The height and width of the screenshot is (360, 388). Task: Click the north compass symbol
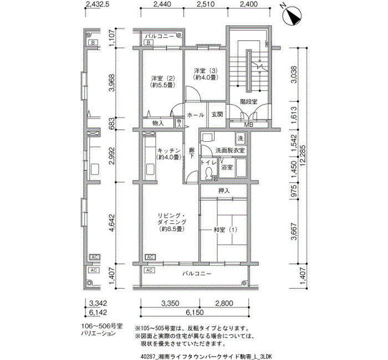(x=292, y=16)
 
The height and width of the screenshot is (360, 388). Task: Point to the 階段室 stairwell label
(x=249, y=101)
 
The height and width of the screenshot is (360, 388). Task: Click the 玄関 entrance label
(x=217, y=115)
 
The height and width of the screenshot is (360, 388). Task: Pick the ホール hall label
(x=196, y=115)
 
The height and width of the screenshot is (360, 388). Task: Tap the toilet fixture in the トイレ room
(x=208, y=173)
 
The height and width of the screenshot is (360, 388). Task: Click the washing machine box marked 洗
(x=240, y=138)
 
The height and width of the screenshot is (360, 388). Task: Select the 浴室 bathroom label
(x=227, y=167)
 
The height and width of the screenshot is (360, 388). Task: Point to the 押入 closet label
(x=224, y=191)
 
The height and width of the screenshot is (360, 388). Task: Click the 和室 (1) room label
(x=225, y=230)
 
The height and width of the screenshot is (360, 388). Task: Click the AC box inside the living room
(x=150, y=257)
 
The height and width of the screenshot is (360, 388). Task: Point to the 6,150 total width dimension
(x=195, y=312)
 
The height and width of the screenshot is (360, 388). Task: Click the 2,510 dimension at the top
(x=206, y=4)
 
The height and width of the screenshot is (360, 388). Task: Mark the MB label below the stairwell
(x=249, y=125)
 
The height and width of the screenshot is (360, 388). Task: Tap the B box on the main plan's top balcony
(x=149, y=43)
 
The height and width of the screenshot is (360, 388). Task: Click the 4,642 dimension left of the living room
(x=112, y=223)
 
